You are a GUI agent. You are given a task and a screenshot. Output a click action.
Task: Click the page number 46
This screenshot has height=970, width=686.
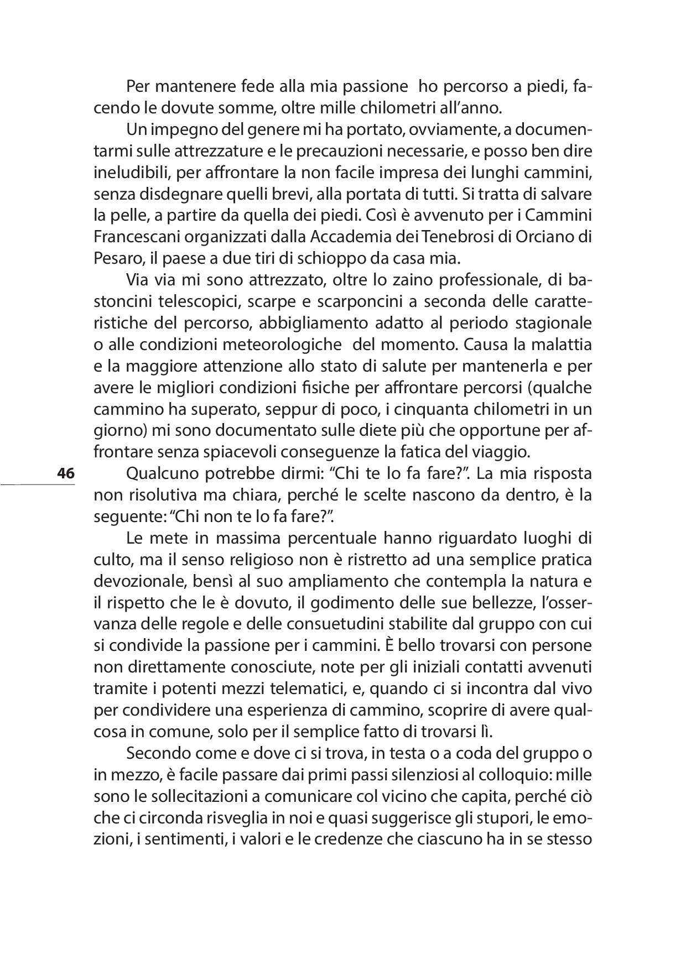coord(65,474)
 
